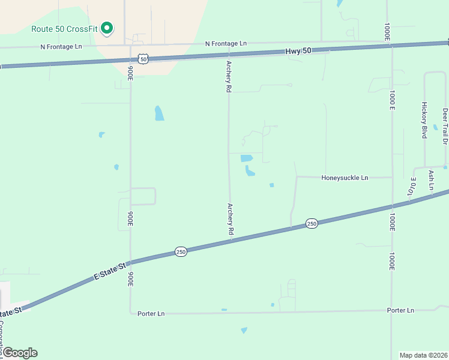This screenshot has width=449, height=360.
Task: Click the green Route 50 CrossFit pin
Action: point(107,28)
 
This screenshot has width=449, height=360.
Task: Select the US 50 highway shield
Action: point(142,58)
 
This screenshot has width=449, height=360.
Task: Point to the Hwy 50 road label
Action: point(298,51)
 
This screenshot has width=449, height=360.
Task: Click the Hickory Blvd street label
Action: point(424,120)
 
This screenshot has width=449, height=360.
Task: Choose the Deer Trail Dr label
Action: point(445,127)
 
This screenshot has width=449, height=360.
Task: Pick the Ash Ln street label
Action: point(431,180)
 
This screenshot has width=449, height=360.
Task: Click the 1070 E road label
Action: point(412,188)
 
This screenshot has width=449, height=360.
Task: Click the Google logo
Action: point(19,353)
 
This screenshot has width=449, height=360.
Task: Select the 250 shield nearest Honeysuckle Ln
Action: point(311,223)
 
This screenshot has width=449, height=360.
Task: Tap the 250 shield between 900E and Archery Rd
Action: point(181,252)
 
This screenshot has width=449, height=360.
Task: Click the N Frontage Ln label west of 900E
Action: point(61,46)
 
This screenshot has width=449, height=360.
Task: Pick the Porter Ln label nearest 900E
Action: point(151,313)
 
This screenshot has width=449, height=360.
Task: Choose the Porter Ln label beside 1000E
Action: point(400,310)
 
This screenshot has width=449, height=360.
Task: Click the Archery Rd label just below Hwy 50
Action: point(229,76)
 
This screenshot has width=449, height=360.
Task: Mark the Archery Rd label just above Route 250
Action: point(230,218)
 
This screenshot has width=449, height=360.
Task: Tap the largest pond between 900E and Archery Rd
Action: point(159,113)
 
